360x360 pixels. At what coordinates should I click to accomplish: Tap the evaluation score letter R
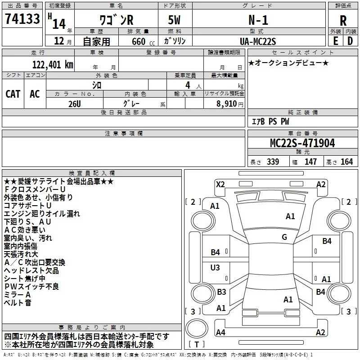(x=343, y=21)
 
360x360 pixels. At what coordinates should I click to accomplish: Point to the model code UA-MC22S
(x=258, y=41)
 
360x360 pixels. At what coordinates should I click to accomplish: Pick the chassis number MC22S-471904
(x=302, y=143)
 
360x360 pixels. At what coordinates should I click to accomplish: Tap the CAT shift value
(x=13, y=94)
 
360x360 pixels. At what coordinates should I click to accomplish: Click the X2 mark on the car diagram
(x=220, y=184)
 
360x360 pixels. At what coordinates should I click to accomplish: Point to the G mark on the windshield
(x=284, y=237)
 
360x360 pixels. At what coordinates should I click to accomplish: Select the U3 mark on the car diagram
(x=216, y=268)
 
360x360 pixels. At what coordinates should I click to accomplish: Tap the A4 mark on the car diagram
(x=220, y=332)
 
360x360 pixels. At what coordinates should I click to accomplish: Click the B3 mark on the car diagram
(x=221, y=292)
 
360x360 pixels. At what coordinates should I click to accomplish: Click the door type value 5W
(x=175, y=20)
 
